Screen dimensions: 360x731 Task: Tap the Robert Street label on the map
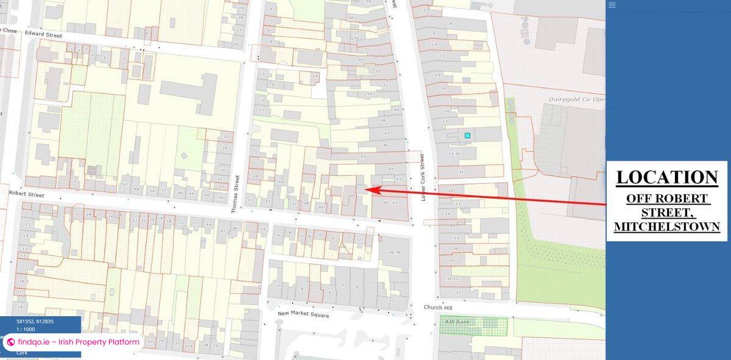(x=27, y=194)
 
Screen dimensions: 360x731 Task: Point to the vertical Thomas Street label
(x=236, y=194)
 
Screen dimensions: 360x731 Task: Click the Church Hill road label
(x=436, y=308)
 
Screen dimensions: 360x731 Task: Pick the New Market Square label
(x=303, y=315)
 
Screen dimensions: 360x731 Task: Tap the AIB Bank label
(x=455, y=321)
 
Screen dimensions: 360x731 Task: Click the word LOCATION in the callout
(x=666, y=177)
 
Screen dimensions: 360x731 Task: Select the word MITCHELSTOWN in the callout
(x=666, y=227)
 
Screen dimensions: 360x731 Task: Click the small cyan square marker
(x=467, y=135)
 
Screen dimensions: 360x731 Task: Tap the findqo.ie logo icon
(x=10, y=342)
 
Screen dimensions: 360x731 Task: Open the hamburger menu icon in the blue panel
(x=612, y=5)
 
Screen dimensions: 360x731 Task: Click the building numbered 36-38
(x=394, y=253)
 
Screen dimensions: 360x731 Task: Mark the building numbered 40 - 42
(x=390, y=203)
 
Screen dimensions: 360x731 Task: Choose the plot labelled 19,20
(x=454, y=154)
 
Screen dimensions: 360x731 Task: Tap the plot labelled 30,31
(x=452, y=278)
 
